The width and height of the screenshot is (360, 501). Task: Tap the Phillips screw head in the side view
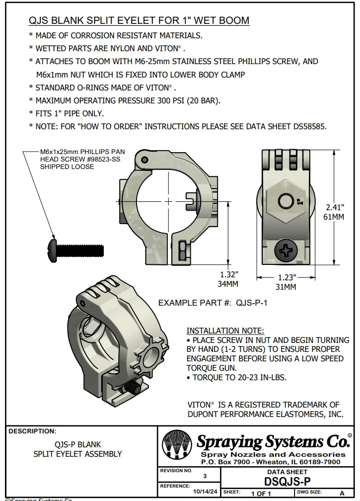point(287,251)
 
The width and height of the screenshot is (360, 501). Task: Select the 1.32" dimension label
point(229,274)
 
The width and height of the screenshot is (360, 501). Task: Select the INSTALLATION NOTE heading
point(225,331)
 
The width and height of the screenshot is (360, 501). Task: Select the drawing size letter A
point(341,493)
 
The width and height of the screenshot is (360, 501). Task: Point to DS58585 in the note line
point(307,126)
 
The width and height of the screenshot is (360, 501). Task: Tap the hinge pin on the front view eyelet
point(144,159)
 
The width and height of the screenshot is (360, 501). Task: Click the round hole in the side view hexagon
point(285,201)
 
